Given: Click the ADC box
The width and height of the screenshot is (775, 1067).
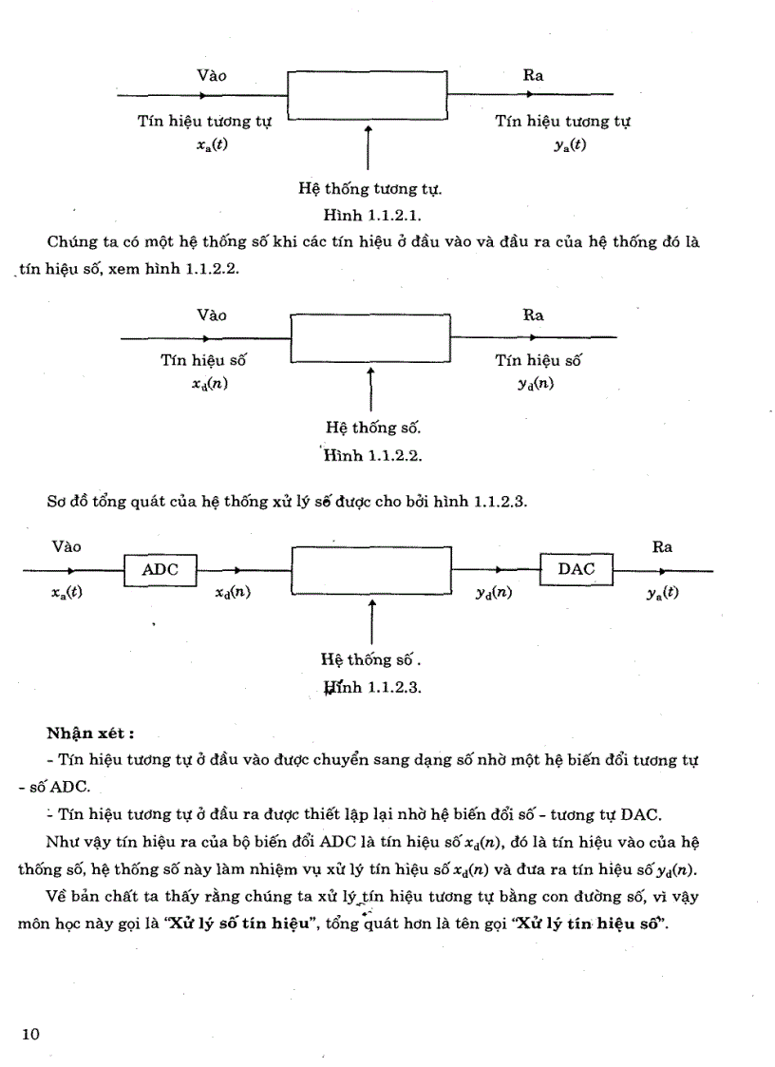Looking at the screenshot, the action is pos(160,570).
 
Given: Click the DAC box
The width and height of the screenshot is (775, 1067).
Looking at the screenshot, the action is pos(577,569).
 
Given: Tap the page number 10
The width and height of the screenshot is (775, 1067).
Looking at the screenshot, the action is pos(29,1034).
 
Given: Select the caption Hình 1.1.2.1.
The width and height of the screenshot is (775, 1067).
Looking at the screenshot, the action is pos(372,215).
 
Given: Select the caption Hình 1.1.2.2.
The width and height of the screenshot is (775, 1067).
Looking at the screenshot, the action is pos(372,454).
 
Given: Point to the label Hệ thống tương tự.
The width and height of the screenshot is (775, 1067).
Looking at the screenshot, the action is pos(370,188).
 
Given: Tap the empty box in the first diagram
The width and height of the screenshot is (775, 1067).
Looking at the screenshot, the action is pos(368,94).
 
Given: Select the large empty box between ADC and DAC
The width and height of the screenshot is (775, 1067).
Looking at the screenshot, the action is pos(370,570).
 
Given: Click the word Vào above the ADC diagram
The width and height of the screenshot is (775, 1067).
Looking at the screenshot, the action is pos(66,546).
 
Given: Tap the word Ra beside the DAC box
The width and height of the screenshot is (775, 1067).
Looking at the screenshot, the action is pos(662,546).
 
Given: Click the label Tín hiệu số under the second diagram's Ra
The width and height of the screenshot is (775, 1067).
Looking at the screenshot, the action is pos(539,360).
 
